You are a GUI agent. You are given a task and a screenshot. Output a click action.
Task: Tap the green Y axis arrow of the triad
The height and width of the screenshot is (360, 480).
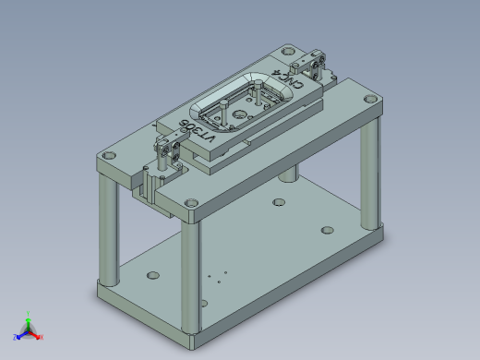[29, 317]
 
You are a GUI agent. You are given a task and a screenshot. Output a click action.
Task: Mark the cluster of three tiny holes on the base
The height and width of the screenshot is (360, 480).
[216, 276]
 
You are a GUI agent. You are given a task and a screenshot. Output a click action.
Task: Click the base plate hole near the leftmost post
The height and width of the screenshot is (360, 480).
[152, 274]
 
